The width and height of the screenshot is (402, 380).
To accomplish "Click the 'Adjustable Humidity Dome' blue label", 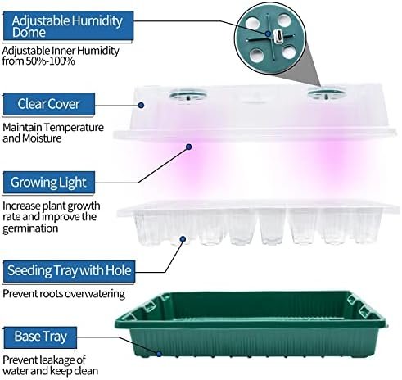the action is pyautogui.click(x=68, y=26).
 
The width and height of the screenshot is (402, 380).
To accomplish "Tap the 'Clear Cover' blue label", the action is pyautogui.click(x=49, y=104).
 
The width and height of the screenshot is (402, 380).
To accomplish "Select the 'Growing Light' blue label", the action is pyautogui.click(x=49, y=183).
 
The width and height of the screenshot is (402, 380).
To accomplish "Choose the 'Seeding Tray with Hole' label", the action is pyautogui.click(x=69, y=271).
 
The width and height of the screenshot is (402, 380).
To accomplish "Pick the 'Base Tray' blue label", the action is pyautogui.click(x=40, y=337).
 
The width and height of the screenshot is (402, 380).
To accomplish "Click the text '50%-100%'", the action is pyautogui.click(x=50, y=61).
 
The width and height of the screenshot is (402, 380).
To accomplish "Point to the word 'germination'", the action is pyautogui.click(x=30, y=228).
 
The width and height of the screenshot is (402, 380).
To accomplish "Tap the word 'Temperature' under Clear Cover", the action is pyautogui.click(x=74, y=128).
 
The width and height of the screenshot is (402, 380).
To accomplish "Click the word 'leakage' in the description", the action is pyautogui.click(x=58, y=360).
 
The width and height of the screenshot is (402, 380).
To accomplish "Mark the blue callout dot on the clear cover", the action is pyautogui.click(x=141, y=106).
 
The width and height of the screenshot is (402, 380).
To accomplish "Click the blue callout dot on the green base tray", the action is pyautogui.click(x=159, y=354).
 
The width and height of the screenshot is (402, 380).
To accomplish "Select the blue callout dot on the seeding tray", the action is pyautogui.click(x=183, y=239).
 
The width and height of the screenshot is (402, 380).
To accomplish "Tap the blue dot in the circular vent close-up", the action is pyautogui.click(x=268, y=34).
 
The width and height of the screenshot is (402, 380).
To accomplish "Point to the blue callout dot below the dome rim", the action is pyautogui.click(x=188, y=147).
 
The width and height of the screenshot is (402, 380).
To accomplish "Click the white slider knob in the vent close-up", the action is pyautogui.click(x=279, y=36).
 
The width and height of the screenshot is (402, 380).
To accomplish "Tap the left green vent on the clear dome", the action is pyautogui.click(x=187, y=96).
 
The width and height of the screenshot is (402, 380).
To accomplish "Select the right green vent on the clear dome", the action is pyautogui.click(x=327, y=94).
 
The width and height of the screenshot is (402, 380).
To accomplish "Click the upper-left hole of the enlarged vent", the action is pyautogui.click(x=252, y=23).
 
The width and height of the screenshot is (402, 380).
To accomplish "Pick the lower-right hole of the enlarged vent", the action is pyautogui.click(x=289, y=52).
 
